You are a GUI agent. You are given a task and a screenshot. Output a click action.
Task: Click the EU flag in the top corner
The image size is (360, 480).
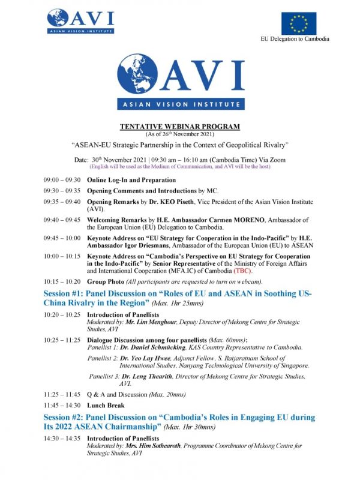[x=299, y=23]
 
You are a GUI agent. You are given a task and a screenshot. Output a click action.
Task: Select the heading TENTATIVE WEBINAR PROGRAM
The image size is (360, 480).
[x=179, y=127]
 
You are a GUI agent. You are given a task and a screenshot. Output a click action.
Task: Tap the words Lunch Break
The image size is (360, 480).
[x=109, y=405]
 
